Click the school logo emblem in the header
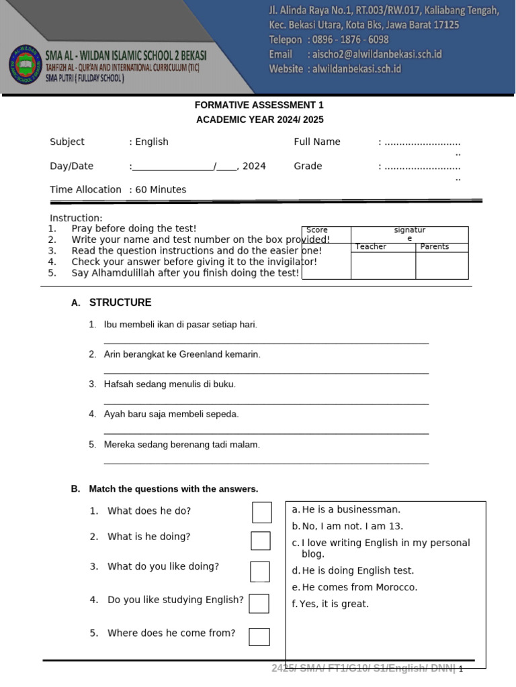point(26,66)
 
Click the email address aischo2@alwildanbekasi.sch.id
point(374,54)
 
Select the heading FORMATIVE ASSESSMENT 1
point(259,105)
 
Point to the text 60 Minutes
point(161,190)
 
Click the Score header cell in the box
point(317,230)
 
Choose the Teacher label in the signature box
point(371,247)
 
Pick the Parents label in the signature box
point(435,247)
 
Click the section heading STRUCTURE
point(120,303)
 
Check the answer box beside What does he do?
point(262,512)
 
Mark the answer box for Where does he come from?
point(259,637)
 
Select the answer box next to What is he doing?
point(261,541)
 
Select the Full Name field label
point(317,142)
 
